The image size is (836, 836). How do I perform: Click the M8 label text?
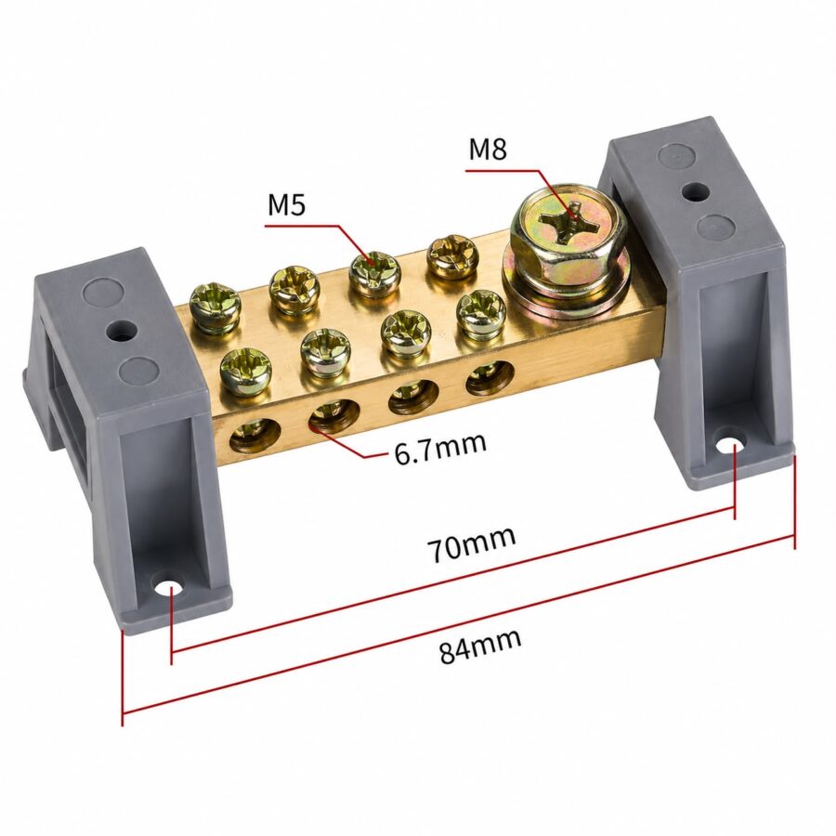[x=488, y=150]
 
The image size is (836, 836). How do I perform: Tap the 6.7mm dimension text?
[x=440, y=449]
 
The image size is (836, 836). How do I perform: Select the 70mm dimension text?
[x=471, y=543]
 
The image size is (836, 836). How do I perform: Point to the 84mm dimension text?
[x=480, y=646]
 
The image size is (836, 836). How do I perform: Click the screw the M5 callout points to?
[x=374, y=274]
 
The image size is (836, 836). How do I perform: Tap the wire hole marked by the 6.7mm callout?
[x=333, y=415]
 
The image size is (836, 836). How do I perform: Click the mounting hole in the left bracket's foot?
[x=172, y=586]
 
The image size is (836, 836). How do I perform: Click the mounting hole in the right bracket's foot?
[x=729, y=445]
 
